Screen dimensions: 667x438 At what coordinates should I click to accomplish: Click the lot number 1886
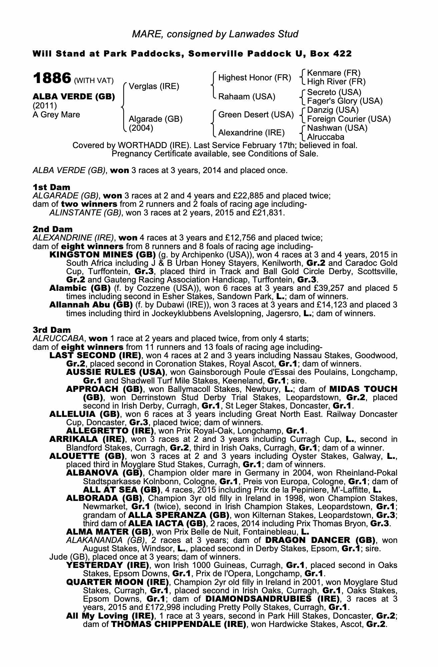(52, 79)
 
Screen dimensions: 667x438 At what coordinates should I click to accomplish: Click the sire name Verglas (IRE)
(154, 87)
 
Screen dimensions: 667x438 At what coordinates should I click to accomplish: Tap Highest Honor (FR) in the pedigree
(255, 78)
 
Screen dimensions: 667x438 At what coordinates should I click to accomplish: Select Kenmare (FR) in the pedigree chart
(333, 73)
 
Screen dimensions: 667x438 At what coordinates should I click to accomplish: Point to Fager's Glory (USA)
(345, 101)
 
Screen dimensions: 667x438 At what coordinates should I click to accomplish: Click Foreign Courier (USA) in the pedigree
(349, 119)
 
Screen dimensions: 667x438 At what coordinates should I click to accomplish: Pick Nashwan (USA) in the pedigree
(337, 128)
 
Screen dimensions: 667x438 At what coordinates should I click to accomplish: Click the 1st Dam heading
(51, 187)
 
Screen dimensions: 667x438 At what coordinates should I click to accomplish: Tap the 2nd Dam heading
(52, 229)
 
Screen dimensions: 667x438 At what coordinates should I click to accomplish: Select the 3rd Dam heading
(52, 330)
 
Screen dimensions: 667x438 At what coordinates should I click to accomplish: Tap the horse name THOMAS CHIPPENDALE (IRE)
(178, 624)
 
